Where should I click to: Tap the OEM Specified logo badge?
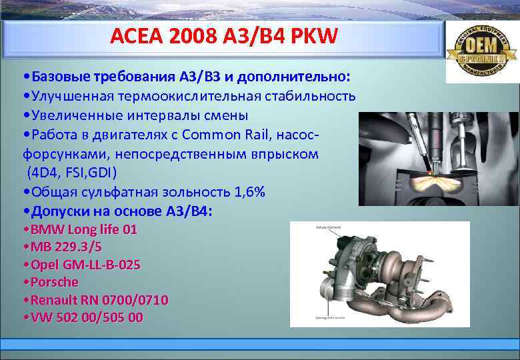point(481,51)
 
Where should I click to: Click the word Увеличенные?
point(75,115)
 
